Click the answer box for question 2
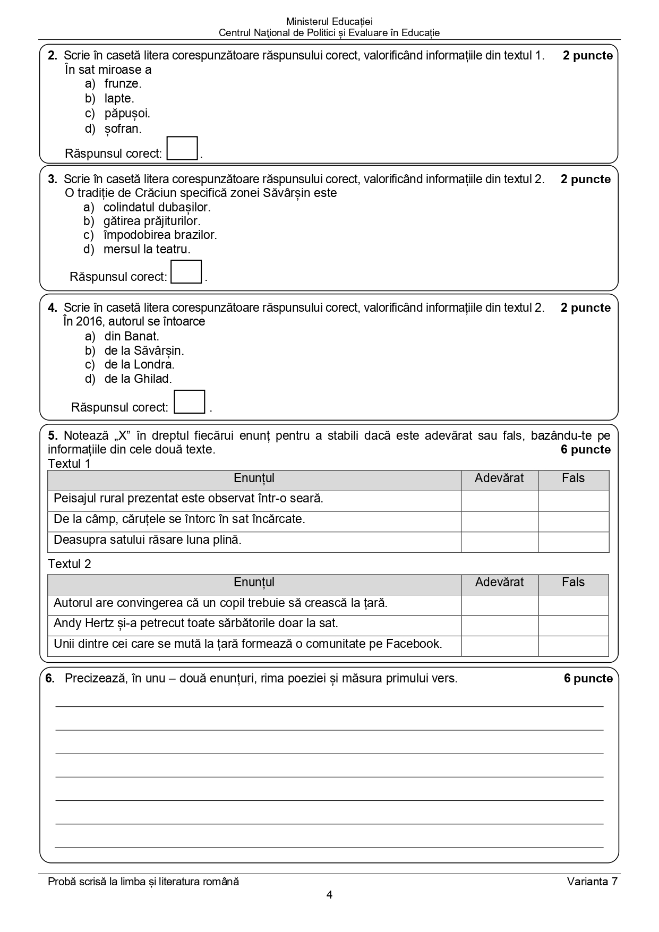click(182, 148)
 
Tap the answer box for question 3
click(186, 271)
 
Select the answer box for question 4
click(190, 402)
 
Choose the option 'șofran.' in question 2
click(123, 129)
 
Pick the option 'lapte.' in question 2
click(119, 98)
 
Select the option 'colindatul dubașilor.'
click(157, 207)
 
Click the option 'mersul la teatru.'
click(147, 249)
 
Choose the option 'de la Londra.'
click(139, 364)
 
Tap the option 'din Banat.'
click(132, 336)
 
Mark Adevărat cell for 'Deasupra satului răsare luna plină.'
click(499, 542)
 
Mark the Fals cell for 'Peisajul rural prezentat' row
click(573, 501)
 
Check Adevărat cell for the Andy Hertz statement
click(499, 626)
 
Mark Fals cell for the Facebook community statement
click(573, 646)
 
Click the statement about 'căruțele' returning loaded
click(179, 519)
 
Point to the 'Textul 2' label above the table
click(70, 564)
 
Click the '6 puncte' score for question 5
click(585, 450)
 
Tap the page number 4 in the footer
click(329, 895)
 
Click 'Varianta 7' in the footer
click(592, 882)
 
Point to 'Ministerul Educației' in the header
click(329, 22)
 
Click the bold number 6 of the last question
click(50, 678)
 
